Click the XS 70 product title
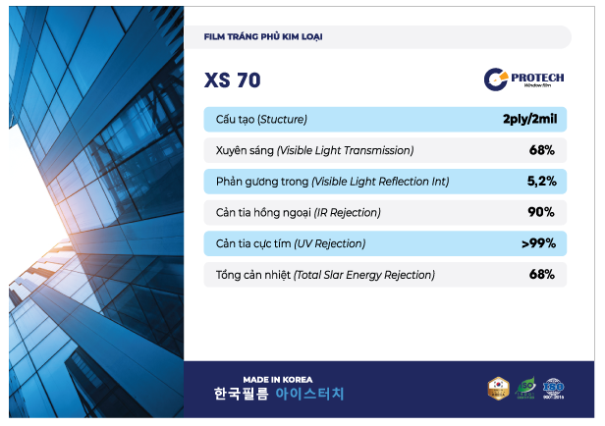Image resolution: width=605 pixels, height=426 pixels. [233, 80]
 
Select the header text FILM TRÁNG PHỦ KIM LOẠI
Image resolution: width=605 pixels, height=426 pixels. [263, 37]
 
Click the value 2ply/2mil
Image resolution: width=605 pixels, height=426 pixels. [528, 120]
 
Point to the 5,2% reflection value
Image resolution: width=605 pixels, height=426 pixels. [541, 182]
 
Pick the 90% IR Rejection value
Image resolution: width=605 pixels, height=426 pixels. [541, 212]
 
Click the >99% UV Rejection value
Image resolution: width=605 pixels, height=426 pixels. [538, 243]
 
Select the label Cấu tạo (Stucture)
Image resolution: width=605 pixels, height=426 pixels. [261, 120]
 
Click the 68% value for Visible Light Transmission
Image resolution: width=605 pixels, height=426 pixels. [541, 151]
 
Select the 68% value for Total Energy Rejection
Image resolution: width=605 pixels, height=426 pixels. [541, 275]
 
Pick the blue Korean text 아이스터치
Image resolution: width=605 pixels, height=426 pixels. [309, 395]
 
